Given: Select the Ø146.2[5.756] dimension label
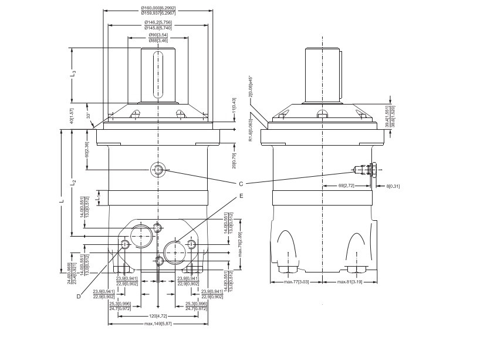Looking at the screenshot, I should pos(158,22).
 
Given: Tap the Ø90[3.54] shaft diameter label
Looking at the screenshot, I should pos(158,35).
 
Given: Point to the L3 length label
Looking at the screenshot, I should pos(73,75).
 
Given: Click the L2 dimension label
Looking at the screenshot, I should pos(73,183).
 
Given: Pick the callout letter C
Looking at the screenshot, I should pos(241,183).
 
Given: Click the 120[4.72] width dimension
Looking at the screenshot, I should pos(158,315).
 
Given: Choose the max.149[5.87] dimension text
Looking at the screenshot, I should pos(158,324).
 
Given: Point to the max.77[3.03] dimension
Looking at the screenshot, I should pos(296,282).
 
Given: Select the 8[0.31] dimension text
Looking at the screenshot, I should pos(392,186).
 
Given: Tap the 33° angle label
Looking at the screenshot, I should pos(88,116).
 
